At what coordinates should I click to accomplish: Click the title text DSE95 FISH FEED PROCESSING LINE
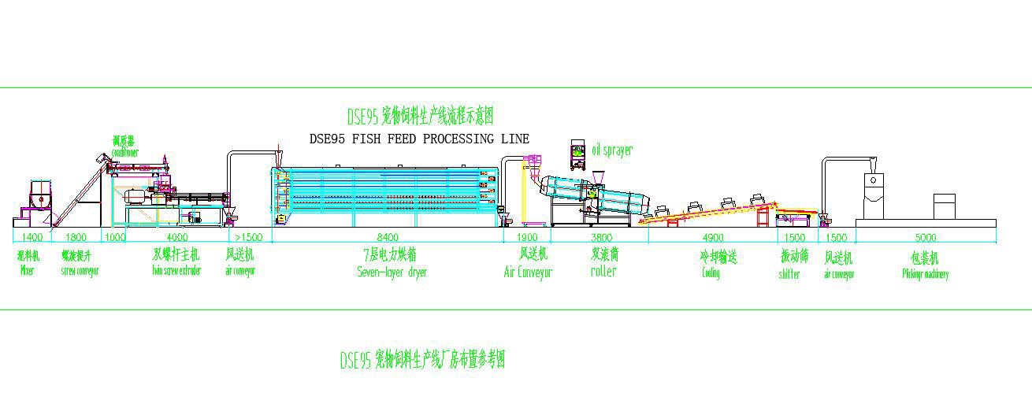419,139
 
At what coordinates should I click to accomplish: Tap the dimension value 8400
388,237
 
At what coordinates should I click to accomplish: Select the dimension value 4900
711,237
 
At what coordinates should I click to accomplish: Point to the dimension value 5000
925,237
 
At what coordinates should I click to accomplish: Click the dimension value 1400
32,237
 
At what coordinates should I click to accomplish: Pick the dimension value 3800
602,237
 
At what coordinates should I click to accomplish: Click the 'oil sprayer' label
612,150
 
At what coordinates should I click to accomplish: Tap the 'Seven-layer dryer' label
392,272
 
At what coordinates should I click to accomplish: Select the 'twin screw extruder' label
176,271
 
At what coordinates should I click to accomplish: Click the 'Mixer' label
28,271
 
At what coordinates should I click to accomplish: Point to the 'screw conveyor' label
80,271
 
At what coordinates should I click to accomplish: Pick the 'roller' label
603,271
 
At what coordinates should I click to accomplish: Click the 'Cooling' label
711,273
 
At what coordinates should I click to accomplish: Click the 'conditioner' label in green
125,152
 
